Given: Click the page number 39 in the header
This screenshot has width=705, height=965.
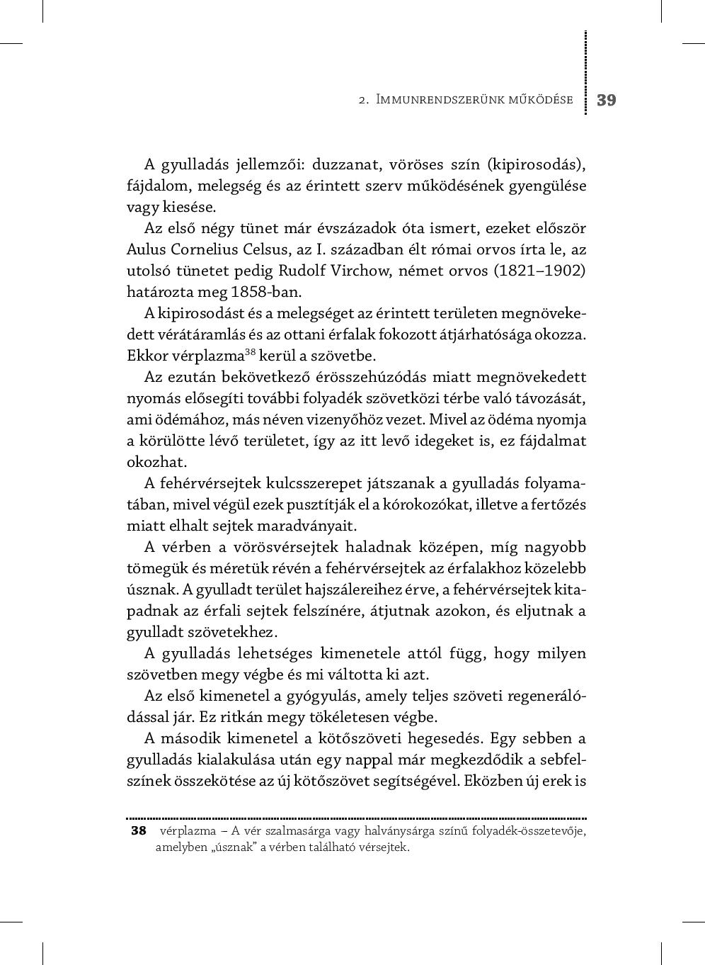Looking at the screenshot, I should (x=606, y=100).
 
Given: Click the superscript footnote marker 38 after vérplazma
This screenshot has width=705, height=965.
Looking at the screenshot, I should (x=250, y=352).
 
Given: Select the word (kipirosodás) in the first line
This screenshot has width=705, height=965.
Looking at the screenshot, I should (x=537, y=164).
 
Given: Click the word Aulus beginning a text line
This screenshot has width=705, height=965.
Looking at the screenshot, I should (x=146, y=249).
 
